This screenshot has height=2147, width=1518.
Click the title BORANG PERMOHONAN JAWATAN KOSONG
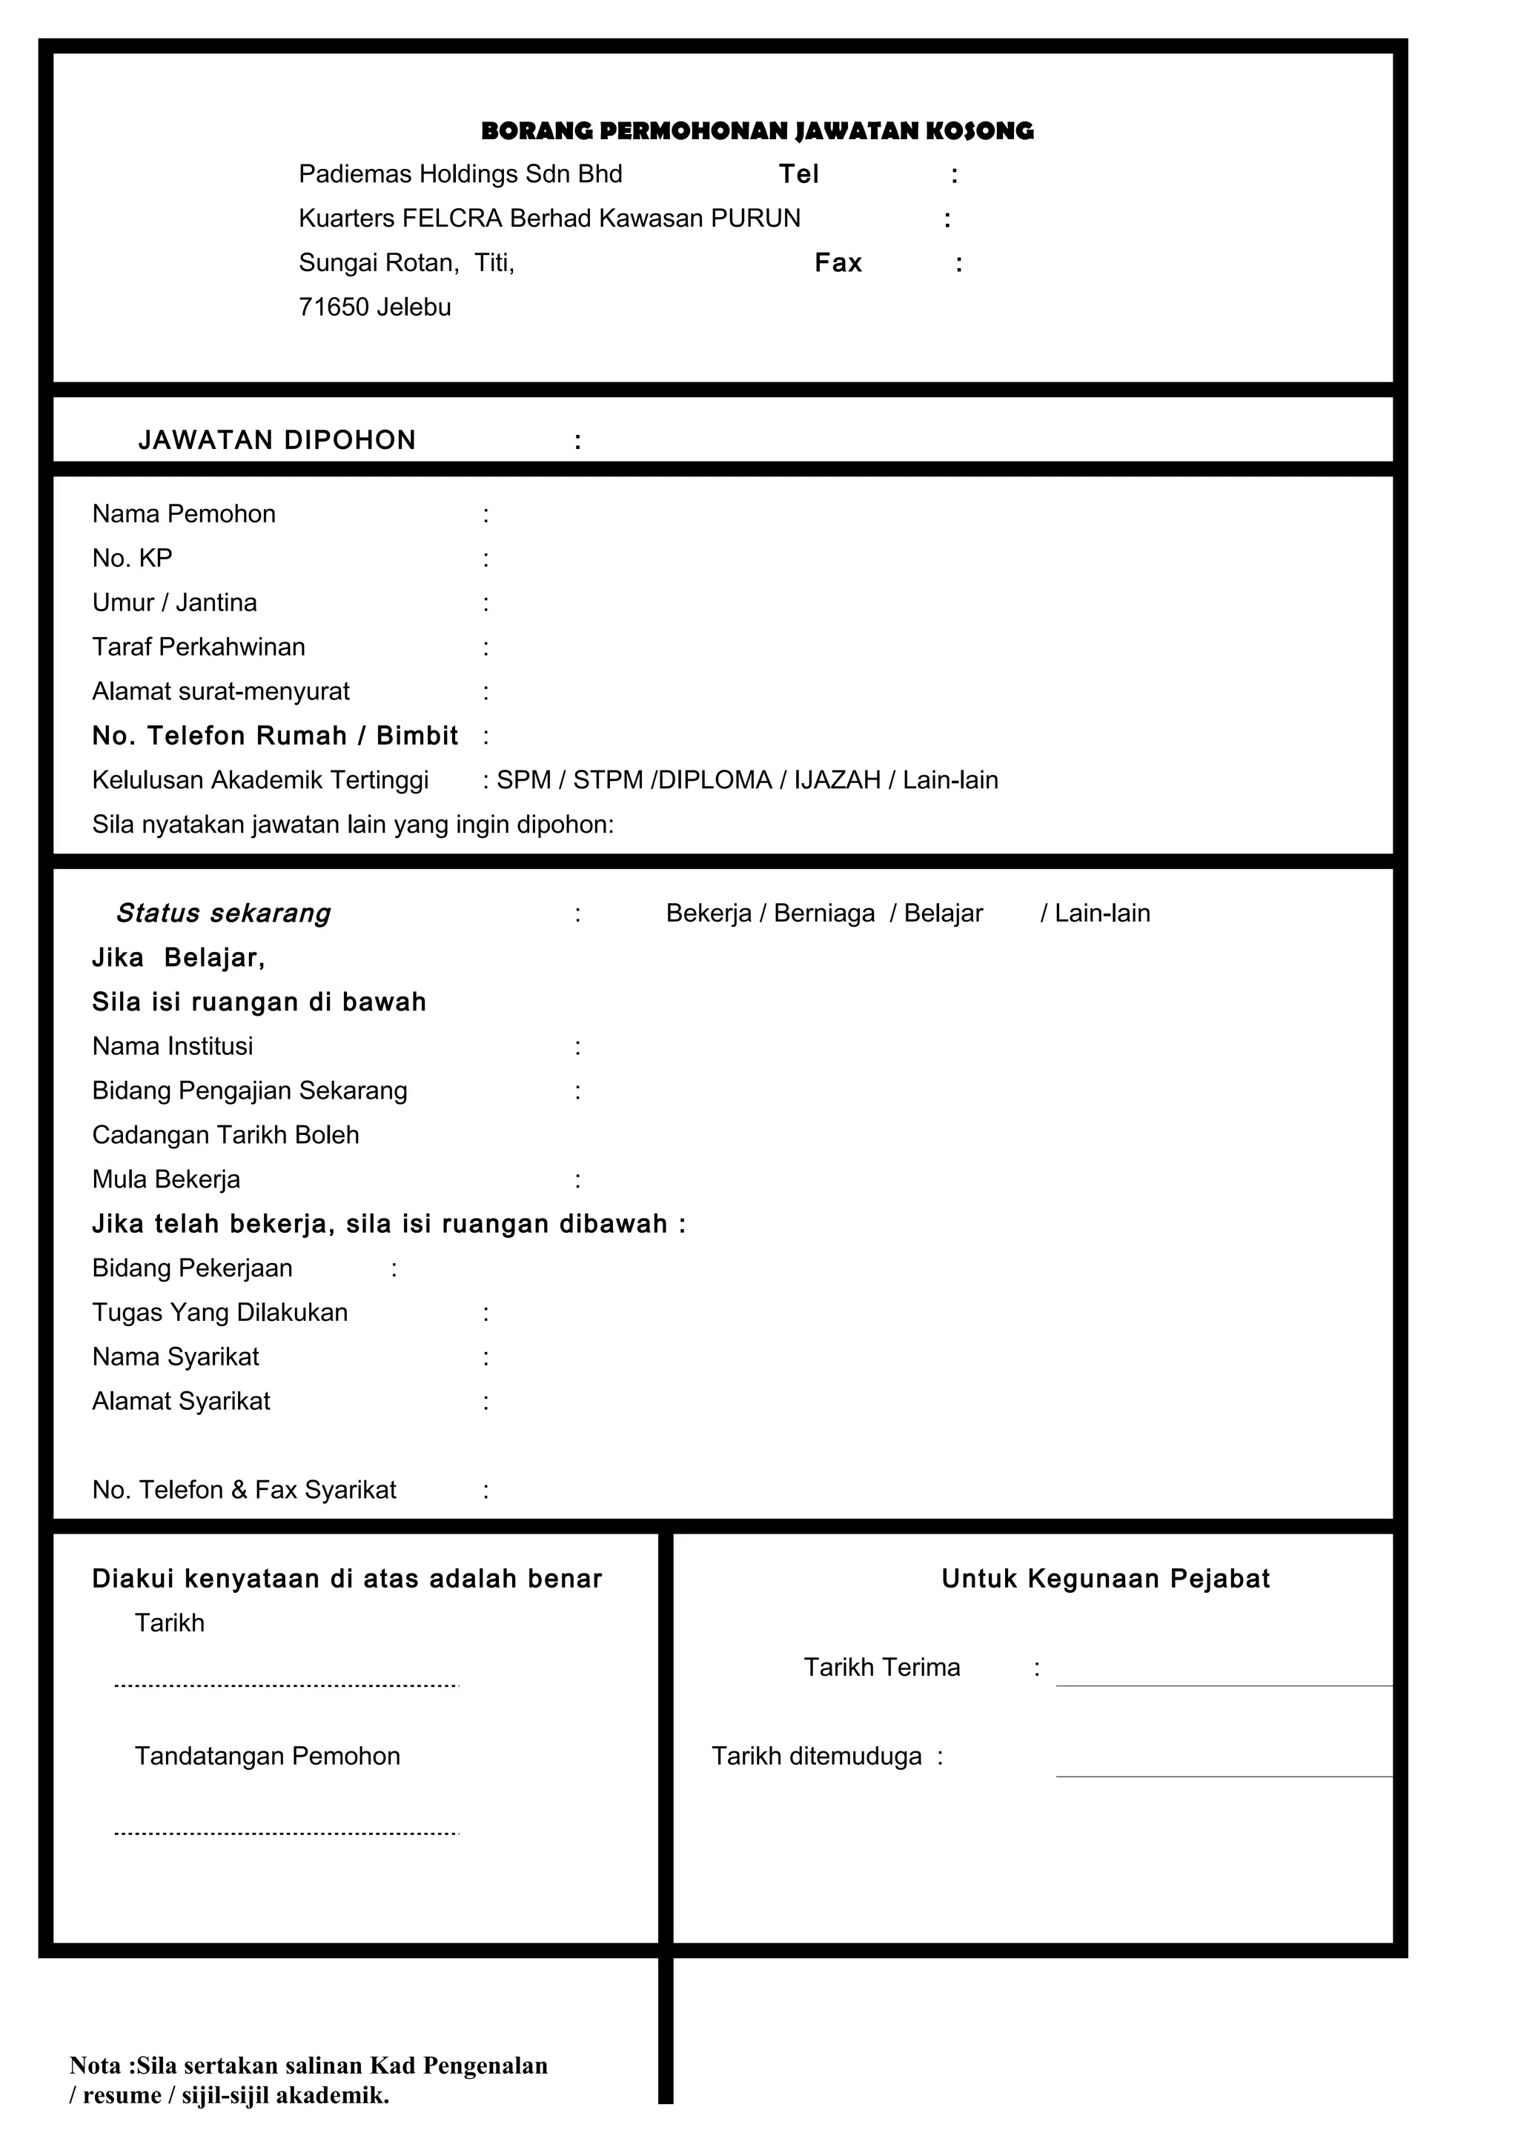click(757, 131)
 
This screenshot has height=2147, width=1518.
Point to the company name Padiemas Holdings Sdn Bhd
click(460, 174)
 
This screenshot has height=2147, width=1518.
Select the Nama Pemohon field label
click(183, 514)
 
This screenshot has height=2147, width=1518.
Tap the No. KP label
click(132, 559)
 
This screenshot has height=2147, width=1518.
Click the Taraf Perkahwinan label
click(199, 647)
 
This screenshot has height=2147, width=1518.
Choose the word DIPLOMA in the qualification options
click(715, 780)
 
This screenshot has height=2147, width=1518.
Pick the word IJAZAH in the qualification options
click(837, 780)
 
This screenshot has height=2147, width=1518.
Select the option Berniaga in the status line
click(824, 913)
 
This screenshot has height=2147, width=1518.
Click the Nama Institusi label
click(172, 1046)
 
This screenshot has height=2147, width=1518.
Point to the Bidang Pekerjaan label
click(192, 1268)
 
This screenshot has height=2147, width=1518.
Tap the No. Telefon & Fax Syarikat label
click(243, 1490)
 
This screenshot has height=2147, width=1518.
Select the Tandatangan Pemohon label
click(267, 1756)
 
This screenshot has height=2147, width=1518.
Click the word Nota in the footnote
click(96, 2066)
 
